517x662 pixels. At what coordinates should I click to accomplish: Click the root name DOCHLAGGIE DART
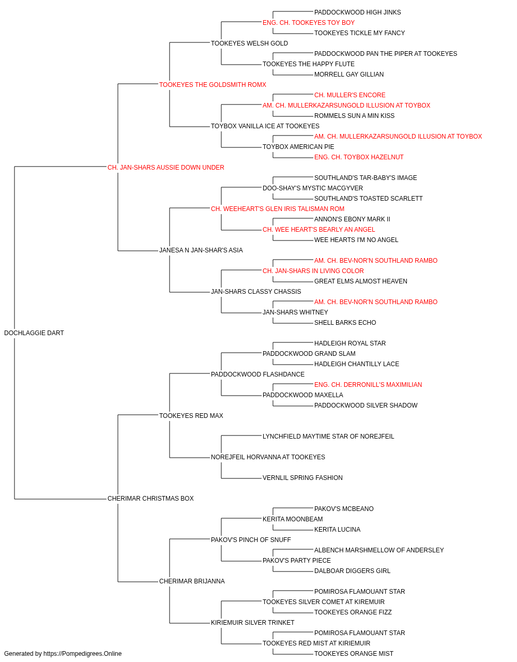tap(34, 333)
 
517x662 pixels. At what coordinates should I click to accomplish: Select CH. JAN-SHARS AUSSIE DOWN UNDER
tap(165, 168)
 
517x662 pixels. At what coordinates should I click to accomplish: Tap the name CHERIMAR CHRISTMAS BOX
tap(150, 499)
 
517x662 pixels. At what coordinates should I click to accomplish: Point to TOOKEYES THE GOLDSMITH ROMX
tap(212, 85)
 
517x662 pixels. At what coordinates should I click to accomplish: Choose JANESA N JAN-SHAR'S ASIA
tap(201, 250)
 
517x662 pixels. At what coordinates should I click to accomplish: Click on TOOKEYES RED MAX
tap(191, 415)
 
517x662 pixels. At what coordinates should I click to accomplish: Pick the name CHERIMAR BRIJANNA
tap(192, 581)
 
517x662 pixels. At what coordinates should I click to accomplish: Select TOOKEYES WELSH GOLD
tap(249, 43)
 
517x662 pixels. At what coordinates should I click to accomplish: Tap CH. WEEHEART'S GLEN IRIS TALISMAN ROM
tap(278, 208)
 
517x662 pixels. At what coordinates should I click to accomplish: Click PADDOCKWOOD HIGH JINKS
tap(357, 12)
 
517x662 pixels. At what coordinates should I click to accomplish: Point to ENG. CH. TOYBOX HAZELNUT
tap(359, 157)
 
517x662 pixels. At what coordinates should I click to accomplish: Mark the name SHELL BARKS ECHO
tap(345, 323)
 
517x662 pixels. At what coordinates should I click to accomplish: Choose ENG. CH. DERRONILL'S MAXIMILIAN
tap(368, 384)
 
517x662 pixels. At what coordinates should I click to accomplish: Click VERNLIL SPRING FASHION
tap(302, 478)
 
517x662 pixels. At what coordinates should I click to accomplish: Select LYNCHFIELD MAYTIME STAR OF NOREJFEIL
tap(328, 437)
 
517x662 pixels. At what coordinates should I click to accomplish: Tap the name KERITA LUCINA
tap(338, 530)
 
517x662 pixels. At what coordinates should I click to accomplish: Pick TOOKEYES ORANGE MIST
tap(354, 654)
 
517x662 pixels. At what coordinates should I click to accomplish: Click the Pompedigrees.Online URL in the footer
tap(83, 654)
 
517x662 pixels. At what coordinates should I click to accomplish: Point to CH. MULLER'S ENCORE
tap(350, 95)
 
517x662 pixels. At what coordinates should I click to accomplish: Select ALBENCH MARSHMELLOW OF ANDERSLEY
tap(379, 550)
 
